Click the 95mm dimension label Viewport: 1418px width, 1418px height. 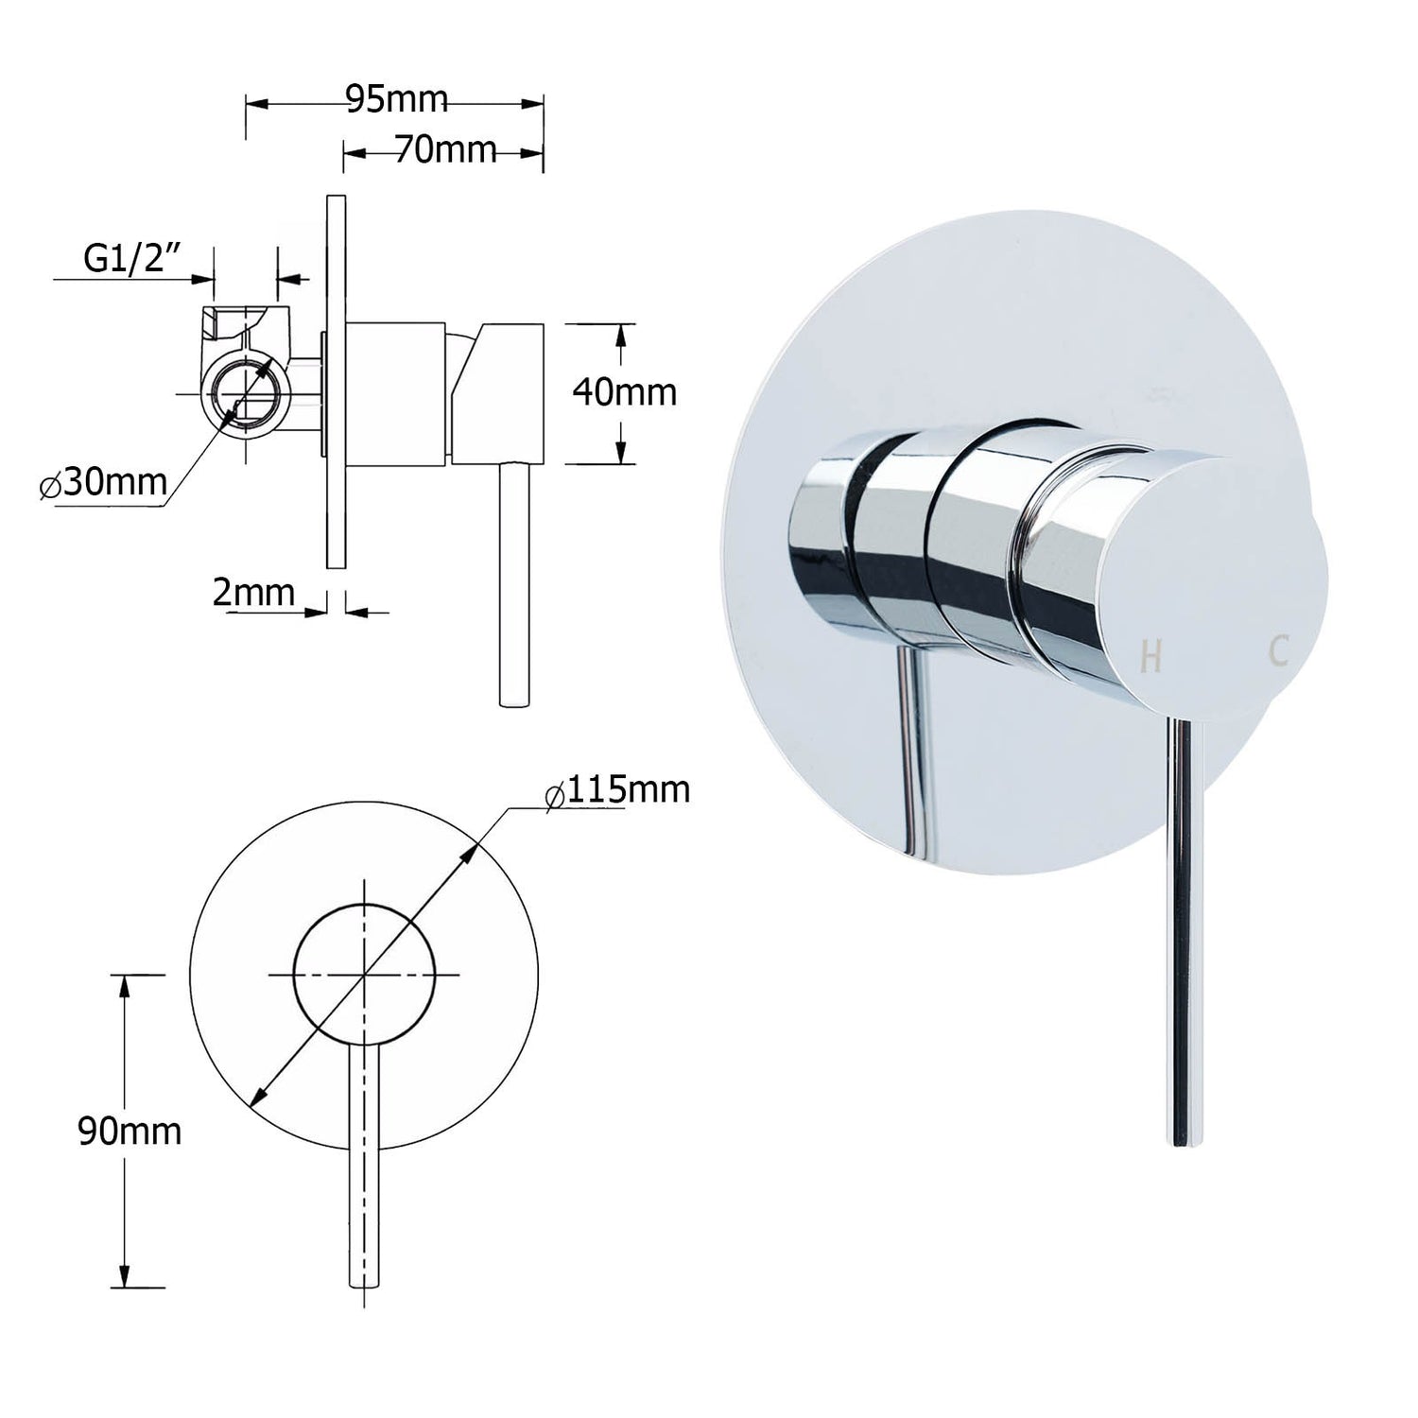tap(396, 99)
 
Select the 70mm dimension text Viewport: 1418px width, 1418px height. tap(444, 149)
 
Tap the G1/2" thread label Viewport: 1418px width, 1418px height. tap(132, 260)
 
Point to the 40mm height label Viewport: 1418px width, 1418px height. tap(624, 391)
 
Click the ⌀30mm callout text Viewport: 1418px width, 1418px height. tap(104, 483)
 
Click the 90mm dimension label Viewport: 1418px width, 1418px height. tap(129, 1131)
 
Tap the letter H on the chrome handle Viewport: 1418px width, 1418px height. tap(1150, 655)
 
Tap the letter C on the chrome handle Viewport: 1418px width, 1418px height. tap(1279, 651)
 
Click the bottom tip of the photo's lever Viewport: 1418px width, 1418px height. tap(1189, 1141)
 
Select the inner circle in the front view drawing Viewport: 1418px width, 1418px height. tap(364, 974)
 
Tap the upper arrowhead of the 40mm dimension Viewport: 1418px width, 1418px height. tap(621, 332)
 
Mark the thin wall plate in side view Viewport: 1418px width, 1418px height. tap(334, 378)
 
